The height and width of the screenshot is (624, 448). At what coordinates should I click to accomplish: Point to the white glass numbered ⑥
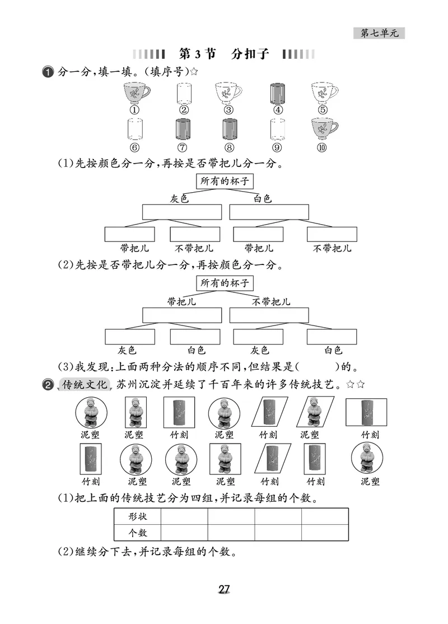click(135, 129)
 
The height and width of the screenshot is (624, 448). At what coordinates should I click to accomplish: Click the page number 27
click(224, 589)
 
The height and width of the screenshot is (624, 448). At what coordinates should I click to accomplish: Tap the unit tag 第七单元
click(379, 34)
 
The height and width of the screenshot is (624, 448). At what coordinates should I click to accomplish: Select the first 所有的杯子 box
click(224, 181)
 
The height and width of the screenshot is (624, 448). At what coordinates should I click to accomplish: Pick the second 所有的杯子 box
click(224, 283)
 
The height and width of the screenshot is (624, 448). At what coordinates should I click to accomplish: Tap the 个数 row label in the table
click(137, 532)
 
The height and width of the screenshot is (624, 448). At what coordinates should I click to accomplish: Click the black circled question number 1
click(48, 72)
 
